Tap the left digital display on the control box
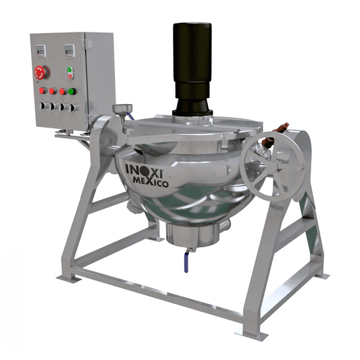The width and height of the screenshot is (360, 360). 41,51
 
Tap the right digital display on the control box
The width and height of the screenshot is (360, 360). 70,51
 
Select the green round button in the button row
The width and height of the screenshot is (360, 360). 72,91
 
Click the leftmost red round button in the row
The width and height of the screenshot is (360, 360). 43,91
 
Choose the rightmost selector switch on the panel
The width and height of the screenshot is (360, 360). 74,107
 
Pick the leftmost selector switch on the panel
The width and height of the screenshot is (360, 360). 44,106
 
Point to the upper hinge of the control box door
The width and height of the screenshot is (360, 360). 86,44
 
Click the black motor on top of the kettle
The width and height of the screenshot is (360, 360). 192,69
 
